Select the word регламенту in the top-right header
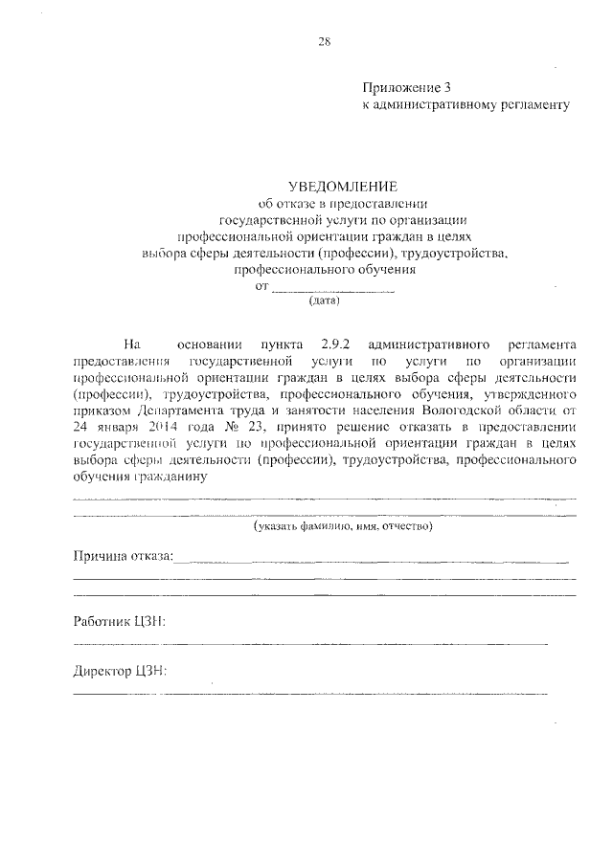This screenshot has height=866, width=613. pos(534,104)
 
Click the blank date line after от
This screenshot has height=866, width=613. pos(333,287)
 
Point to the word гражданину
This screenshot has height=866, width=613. pos(166,477)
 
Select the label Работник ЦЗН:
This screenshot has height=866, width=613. pos(119,623)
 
